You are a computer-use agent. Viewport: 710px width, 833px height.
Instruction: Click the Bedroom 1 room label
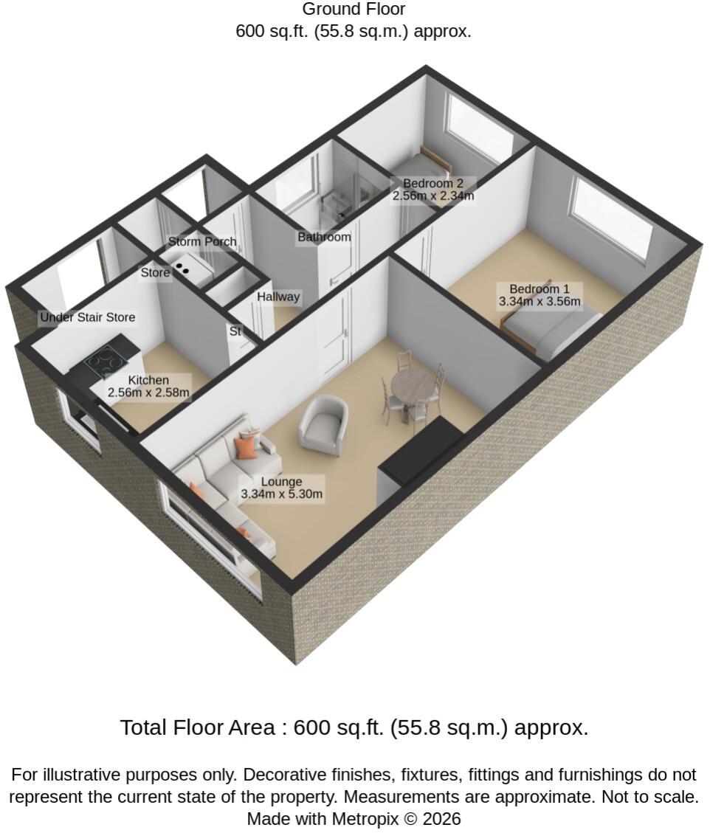[x=539, y=289]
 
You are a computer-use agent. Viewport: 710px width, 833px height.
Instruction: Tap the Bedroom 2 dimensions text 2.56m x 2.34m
[x=433, y=196]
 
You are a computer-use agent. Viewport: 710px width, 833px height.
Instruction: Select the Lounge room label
[x=282, y=482]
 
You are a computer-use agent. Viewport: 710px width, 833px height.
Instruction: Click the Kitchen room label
[x=149, y=381]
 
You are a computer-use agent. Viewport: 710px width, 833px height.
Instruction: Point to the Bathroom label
[x=324, y=237]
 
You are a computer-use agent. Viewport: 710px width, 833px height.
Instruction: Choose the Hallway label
[x=278, y=297]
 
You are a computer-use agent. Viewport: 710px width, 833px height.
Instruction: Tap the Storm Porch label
[x=202, y=242]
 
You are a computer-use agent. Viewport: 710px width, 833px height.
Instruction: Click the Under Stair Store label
[x=88, y=317]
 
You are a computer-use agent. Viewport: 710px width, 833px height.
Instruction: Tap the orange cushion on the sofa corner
[x=246, y=447]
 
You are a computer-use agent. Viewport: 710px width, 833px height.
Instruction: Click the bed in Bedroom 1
[x=553, y=332]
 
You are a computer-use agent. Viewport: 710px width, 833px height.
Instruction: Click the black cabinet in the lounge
[x=421, y=452]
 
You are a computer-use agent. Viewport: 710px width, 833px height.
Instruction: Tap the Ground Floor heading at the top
[x=354, y=9]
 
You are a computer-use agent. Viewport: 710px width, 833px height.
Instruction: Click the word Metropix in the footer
[x=365, y=819]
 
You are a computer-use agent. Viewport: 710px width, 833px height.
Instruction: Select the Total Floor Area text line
[x=354, y=727]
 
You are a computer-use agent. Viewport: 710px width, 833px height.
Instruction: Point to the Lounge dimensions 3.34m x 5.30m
[x=282, y=494]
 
